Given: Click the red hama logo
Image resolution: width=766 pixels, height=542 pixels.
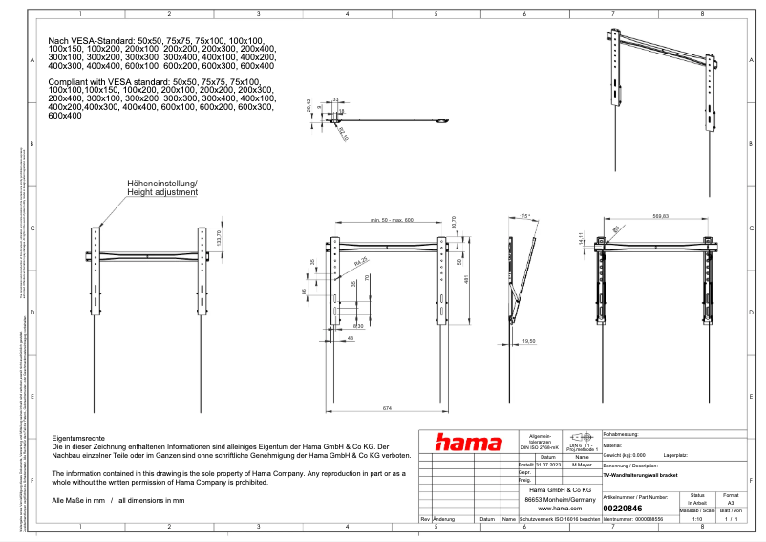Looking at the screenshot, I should [x=468, y=442].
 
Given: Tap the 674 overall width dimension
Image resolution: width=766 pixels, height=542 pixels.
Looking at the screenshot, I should [x=387, y=409].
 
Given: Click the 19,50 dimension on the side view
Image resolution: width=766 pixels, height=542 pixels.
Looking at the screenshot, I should [x=529, y=340].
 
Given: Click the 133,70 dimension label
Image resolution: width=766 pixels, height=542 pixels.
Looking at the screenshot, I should [x=220, y=237].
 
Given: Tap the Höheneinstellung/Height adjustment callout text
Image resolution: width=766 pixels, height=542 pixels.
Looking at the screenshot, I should [x=162, y=187].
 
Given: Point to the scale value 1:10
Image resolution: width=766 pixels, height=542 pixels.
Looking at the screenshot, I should [x=697, y=519].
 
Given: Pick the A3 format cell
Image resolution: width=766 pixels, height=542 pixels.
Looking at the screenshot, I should [x=731, y=502].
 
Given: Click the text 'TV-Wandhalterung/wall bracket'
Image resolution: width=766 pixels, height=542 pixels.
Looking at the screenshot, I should [x=641, y=474].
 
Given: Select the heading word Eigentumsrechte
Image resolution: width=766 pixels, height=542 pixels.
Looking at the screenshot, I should [x=76, y=437].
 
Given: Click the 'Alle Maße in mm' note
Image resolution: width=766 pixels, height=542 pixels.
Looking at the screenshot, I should [x=80, y=501].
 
